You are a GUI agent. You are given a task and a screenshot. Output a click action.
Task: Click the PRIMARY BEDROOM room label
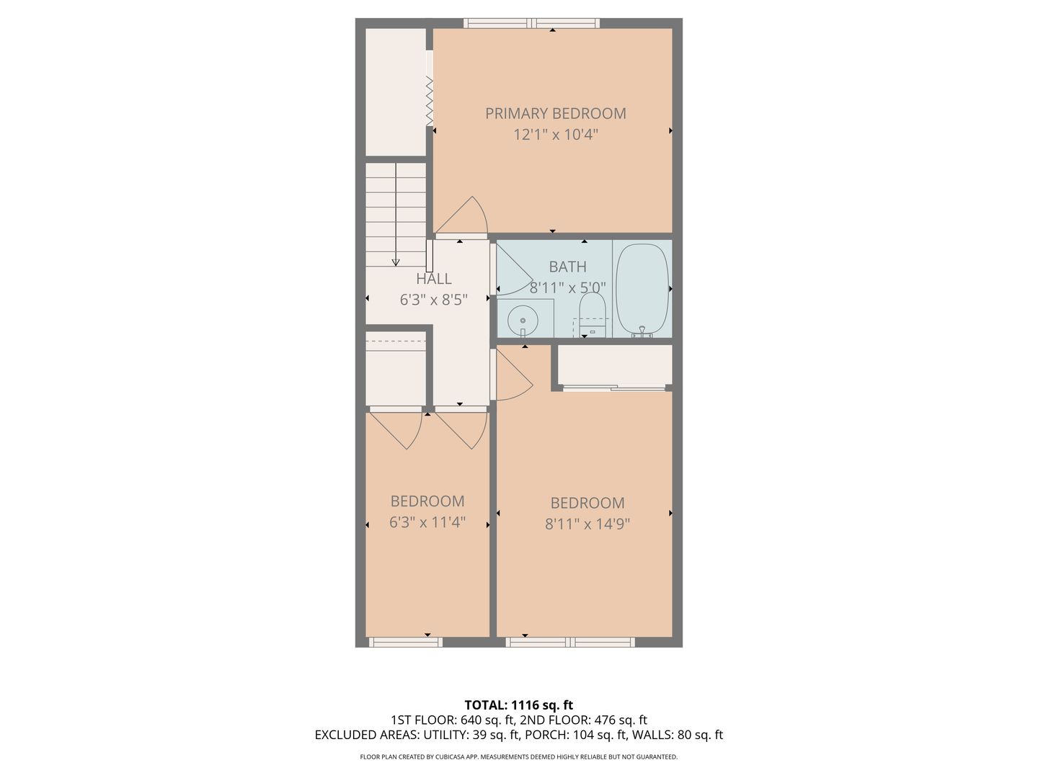tap(556, 113)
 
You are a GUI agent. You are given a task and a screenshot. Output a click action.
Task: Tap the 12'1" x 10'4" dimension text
tap(556, 135)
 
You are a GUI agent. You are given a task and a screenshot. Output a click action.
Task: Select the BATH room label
tap(567, 267)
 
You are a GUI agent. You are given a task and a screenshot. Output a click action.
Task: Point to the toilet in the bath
tap(593, 315)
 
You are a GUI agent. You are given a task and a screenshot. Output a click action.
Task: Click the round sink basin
tap(523, 320)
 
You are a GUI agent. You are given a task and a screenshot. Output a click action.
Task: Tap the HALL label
tap(434, 279)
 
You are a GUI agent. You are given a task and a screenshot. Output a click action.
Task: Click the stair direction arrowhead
tap(396, 262)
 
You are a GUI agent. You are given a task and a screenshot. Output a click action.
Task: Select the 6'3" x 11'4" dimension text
tap(427, 522)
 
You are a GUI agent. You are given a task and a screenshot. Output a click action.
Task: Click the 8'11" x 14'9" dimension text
tap(587, 524)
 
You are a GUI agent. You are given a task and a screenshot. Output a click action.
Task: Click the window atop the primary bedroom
tap(531, 23)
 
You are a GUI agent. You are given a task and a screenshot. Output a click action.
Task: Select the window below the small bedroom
tap(405, 642)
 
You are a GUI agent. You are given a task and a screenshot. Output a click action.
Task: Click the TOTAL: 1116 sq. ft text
tap(519, 705)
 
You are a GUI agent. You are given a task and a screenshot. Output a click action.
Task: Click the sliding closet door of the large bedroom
tap(614, 388)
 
